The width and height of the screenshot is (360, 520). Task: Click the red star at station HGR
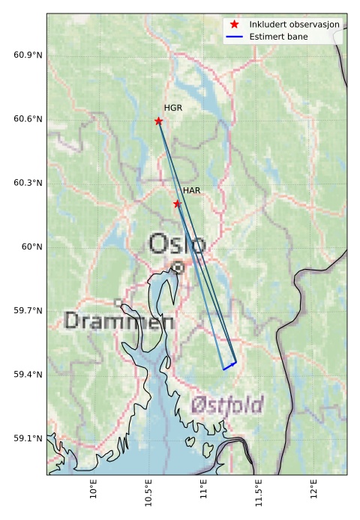[158, 121]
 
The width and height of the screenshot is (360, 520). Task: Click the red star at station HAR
[177, 204]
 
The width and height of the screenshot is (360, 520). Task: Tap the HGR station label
[173, 109]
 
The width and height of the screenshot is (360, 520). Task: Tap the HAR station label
[191, 191]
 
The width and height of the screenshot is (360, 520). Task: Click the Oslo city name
[177, 244]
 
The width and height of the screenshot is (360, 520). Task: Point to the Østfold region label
[226, 405]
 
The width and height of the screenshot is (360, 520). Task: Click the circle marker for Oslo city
[178, 267]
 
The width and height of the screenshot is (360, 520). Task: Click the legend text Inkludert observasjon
[295, 25]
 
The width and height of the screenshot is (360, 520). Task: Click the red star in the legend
[234, 25]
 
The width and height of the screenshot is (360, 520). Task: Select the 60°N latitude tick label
[31, 247]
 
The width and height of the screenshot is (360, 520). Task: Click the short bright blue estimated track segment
[229, 366]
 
